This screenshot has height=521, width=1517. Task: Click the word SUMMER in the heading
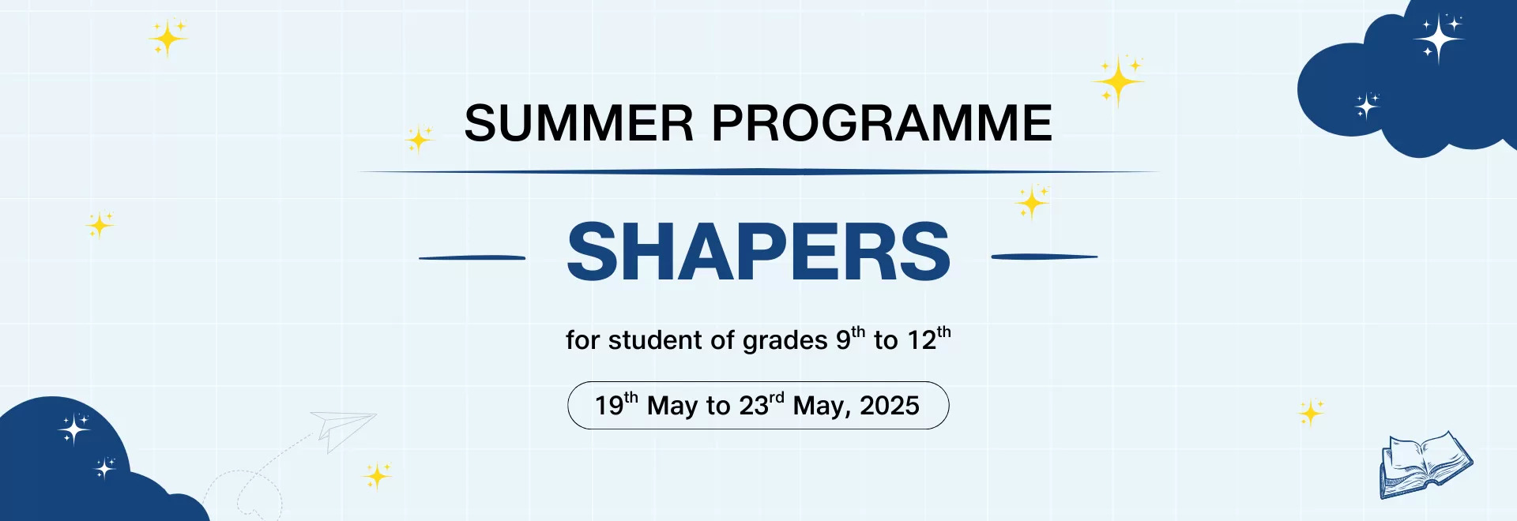click(578, 124)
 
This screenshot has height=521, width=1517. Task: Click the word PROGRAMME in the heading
click(882, 124)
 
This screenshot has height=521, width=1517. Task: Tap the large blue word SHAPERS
click(758, 253)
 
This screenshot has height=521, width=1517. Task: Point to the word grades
click(774, 340)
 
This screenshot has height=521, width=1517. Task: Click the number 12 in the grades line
click(921, 340)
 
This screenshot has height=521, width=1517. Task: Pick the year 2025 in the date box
click(890, 406)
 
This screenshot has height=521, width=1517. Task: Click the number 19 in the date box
click(609, 406)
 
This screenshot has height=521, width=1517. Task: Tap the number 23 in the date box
click(754, 406)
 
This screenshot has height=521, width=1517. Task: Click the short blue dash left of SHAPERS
click(472, 257)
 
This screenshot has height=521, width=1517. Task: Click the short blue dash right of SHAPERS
click(1044, 257)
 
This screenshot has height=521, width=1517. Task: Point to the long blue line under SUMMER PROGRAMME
click(758, 171)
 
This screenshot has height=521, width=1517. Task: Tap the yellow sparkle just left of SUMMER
click(418, 141)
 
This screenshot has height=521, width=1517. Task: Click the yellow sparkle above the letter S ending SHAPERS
click(1031, 203)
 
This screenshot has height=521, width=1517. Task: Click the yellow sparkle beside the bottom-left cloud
click(377, 476)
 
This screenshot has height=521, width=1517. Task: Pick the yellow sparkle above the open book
click(1310, 413)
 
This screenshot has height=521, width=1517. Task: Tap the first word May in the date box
click(672, 406)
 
